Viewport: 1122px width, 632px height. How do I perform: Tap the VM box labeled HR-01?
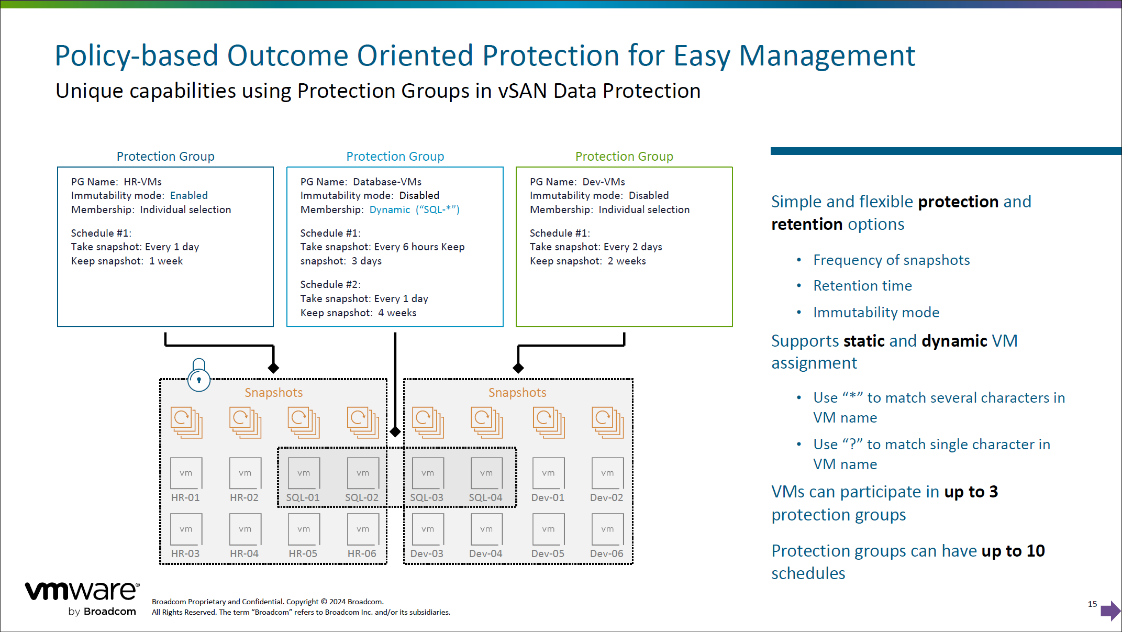click(x=186, y=473)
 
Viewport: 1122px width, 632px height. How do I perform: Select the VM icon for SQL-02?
click(x=362, y=473)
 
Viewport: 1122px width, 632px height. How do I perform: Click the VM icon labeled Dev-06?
click(x=607, y=529)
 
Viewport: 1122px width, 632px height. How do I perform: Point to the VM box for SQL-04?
click(x=486, y=473)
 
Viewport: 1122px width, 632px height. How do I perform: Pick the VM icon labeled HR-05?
click(x=304, y=529)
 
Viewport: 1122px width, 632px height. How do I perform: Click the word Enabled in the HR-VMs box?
click(x=189, y=195)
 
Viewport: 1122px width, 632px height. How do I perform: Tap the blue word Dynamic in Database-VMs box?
click(x=390, y=209)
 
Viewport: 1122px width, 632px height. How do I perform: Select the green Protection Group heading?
click(x=624, y=157)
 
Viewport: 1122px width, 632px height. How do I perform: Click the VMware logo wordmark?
click(x=82, y=591)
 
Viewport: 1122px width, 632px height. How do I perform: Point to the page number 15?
click(x=1092, y=604)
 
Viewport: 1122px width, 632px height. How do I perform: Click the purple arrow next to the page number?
click(x=1110, y=611)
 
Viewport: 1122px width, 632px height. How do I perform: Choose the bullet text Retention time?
click(x=862, y=286)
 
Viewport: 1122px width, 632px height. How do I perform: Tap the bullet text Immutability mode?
click(x=876, y=313)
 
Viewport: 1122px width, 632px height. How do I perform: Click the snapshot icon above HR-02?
click(x=245, y=422)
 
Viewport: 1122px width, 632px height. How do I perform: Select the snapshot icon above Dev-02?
click(x=607, y=422)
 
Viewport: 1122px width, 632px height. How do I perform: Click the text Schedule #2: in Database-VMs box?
click(x=330, y=284)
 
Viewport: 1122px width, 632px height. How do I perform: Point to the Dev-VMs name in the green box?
click(x=604, y=182)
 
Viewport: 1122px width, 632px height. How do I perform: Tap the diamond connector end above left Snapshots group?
click(x=273, y=368)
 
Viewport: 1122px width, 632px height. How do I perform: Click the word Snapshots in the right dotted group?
click(x=517, y=393)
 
